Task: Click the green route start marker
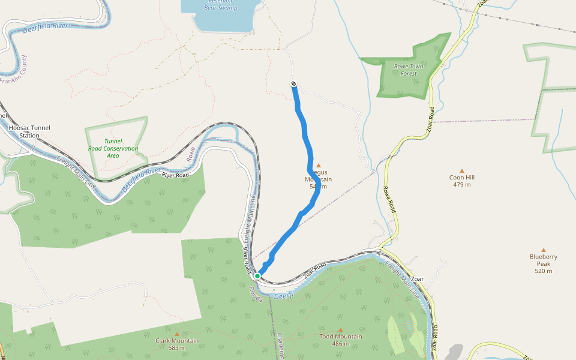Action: tap(257, 276)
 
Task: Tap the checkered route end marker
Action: tap(293, 83)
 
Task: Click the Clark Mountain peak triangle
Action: tap(177, 334)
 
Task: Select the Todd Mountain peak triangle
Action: tap(340, 330)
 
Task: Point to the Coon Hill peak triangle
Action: tap(461, 171)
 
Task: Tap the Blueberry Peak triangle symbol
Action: tap(544, 250)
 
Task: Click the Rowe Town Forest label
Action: tap(408, 70)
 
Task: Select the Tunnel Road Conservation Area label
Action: tap(113, 148)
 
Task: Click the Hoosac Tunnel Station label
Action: tap(29, 131)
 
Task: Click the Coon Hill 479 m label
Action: tap(461, 181)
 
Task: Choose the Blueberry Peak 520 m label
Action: tap(544, 263)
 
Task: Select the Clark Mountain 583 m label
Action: tap(177, 344)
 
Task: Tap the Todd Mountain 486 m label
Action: tap(340, 340)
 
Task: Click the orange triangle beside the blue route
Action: tap(319, 166)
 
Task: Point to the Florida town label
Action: tap(256, 294)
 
